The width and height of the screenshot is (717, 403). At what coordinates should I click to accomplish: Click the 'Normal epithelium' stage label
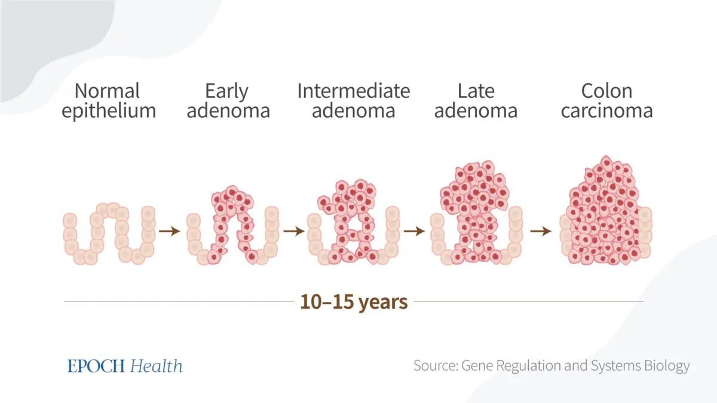pos(108,100)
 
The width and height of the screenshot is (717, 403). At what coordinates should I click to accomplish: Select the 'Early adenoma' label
pos(228,100)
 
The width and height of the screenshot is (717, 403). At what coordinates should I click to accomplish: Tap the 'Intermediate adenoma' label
pos(353,100)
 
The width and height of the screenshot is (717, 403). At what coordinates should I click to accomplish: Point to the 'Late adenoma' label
pos(476,100)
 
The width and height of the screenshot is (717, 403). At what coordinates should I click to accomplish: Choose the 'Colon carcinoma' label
pos(606,100)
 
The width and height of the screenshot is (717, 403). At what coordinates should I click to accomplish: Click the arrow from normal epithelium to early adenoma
pos(170,231)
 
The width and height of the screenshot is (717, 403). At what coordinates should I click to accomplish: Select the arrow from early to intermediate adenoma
pos(293,231)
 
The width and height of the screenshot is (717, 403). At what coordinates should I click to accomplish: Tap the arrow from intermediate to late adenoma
pos(414,231)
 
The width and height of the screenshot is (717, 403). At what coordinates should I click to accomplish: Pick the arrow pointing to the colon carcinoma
pos(541,231)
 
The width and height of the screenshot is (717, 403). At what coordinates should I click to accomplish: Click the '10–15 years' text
pos(354,302)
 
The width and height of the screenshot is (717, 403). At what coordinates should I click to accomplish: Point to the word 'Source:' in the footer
pos(435,365)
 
